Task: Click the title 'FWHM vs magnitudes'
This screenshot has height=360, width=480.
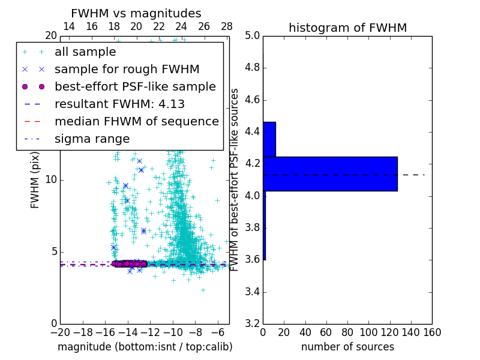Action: click(x=136, y=13)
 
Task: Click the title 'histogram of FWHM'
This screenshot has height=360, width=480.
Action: click(x=348, y=28)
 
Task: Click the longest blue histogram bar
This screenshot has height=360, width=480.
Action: click(x=330, y=173)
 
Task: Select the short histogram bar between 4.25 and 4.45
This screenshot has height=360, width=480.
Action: click(x=269, y=139)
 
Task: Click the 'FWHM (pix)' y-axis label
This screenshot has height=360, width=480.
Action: click(x=35, y=179)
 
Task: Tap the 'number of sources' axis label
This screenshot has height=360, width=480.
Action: click(x=347, y=347)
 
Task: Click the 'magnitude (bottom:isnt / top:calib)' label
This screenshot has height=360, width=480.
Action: click(x=145, y=347)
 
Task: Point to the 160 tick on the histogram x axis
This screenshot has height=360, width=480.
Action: click(x=432, y=332)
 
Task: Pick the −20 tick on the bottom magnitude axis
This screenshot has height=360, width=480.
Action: click(x=60, y=332)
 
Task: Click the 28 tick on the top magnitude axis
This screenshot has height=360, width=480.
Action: click(x=227, y=26)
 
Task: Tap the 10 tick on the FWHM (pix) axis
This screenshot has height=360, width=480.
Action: click(x=51, y=179)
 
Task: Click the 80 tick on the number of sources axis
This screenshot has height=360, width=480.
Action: click(x=347, y=332)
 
